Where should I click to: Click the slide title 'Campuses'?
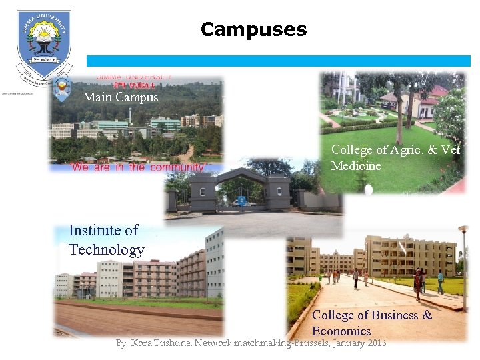[x=253, y=30]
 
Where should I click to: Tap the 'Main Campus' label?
[x=121, y=97]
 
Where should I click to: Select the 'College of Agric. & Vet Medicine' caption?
[x=395, y=157]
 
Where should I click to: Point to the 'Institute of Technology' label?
[x=106, y=240]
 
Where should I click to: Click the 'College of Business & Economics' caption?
[x=371, y=323]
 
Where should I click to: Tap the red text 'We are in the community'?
[x=137, y=167]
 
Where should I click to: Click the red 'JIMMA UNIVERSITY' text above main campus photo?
[x=135, y=77]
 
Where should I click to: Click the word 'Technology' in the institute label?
[x=106, y=250]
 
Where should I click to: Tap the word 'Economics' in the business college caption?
[x=341, y=331]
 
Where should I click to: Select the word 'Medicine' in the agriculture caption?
[x=356, y=165]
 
